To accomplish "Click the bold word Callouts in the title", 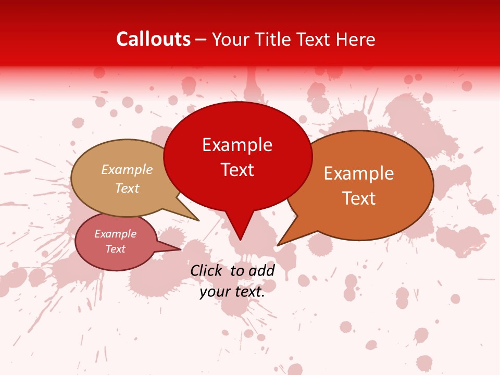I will pos(154,39).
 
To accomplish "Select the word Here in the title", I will pos(356,39).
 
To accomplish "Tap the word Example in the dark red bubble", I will pos(237,145).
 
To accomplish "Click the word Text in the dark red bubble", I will pos(238,170).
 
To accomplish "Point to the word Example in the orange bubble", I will pos(359,173).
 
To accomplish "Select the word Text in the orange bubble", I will pos(359,198).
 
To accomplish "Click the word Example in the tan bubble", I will pos(127,169).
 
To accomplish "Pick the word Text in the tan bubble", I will pos(127,188).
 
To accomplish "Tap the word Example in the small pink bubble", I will pos(116,234).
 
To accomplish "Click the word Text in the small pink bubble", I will pos(116,249).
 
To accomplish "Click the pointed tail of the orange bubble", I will pos(286,237).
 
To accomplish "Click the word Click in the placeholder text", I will pos(207,271).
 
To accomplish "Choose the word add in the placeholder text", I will pos(261,271).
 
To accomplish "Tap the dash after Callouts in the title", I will pos(202,40).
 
